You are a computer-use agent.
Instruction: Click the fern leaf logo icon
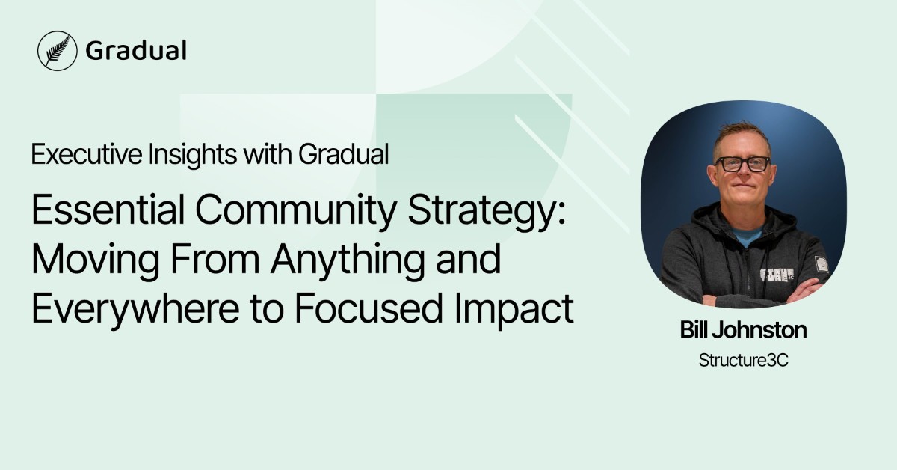pos(58,50)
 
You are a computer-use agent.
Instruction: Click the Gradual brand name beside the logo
pos(135,50)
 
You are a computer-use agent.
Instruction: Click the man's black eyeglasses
pos(742,163)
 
